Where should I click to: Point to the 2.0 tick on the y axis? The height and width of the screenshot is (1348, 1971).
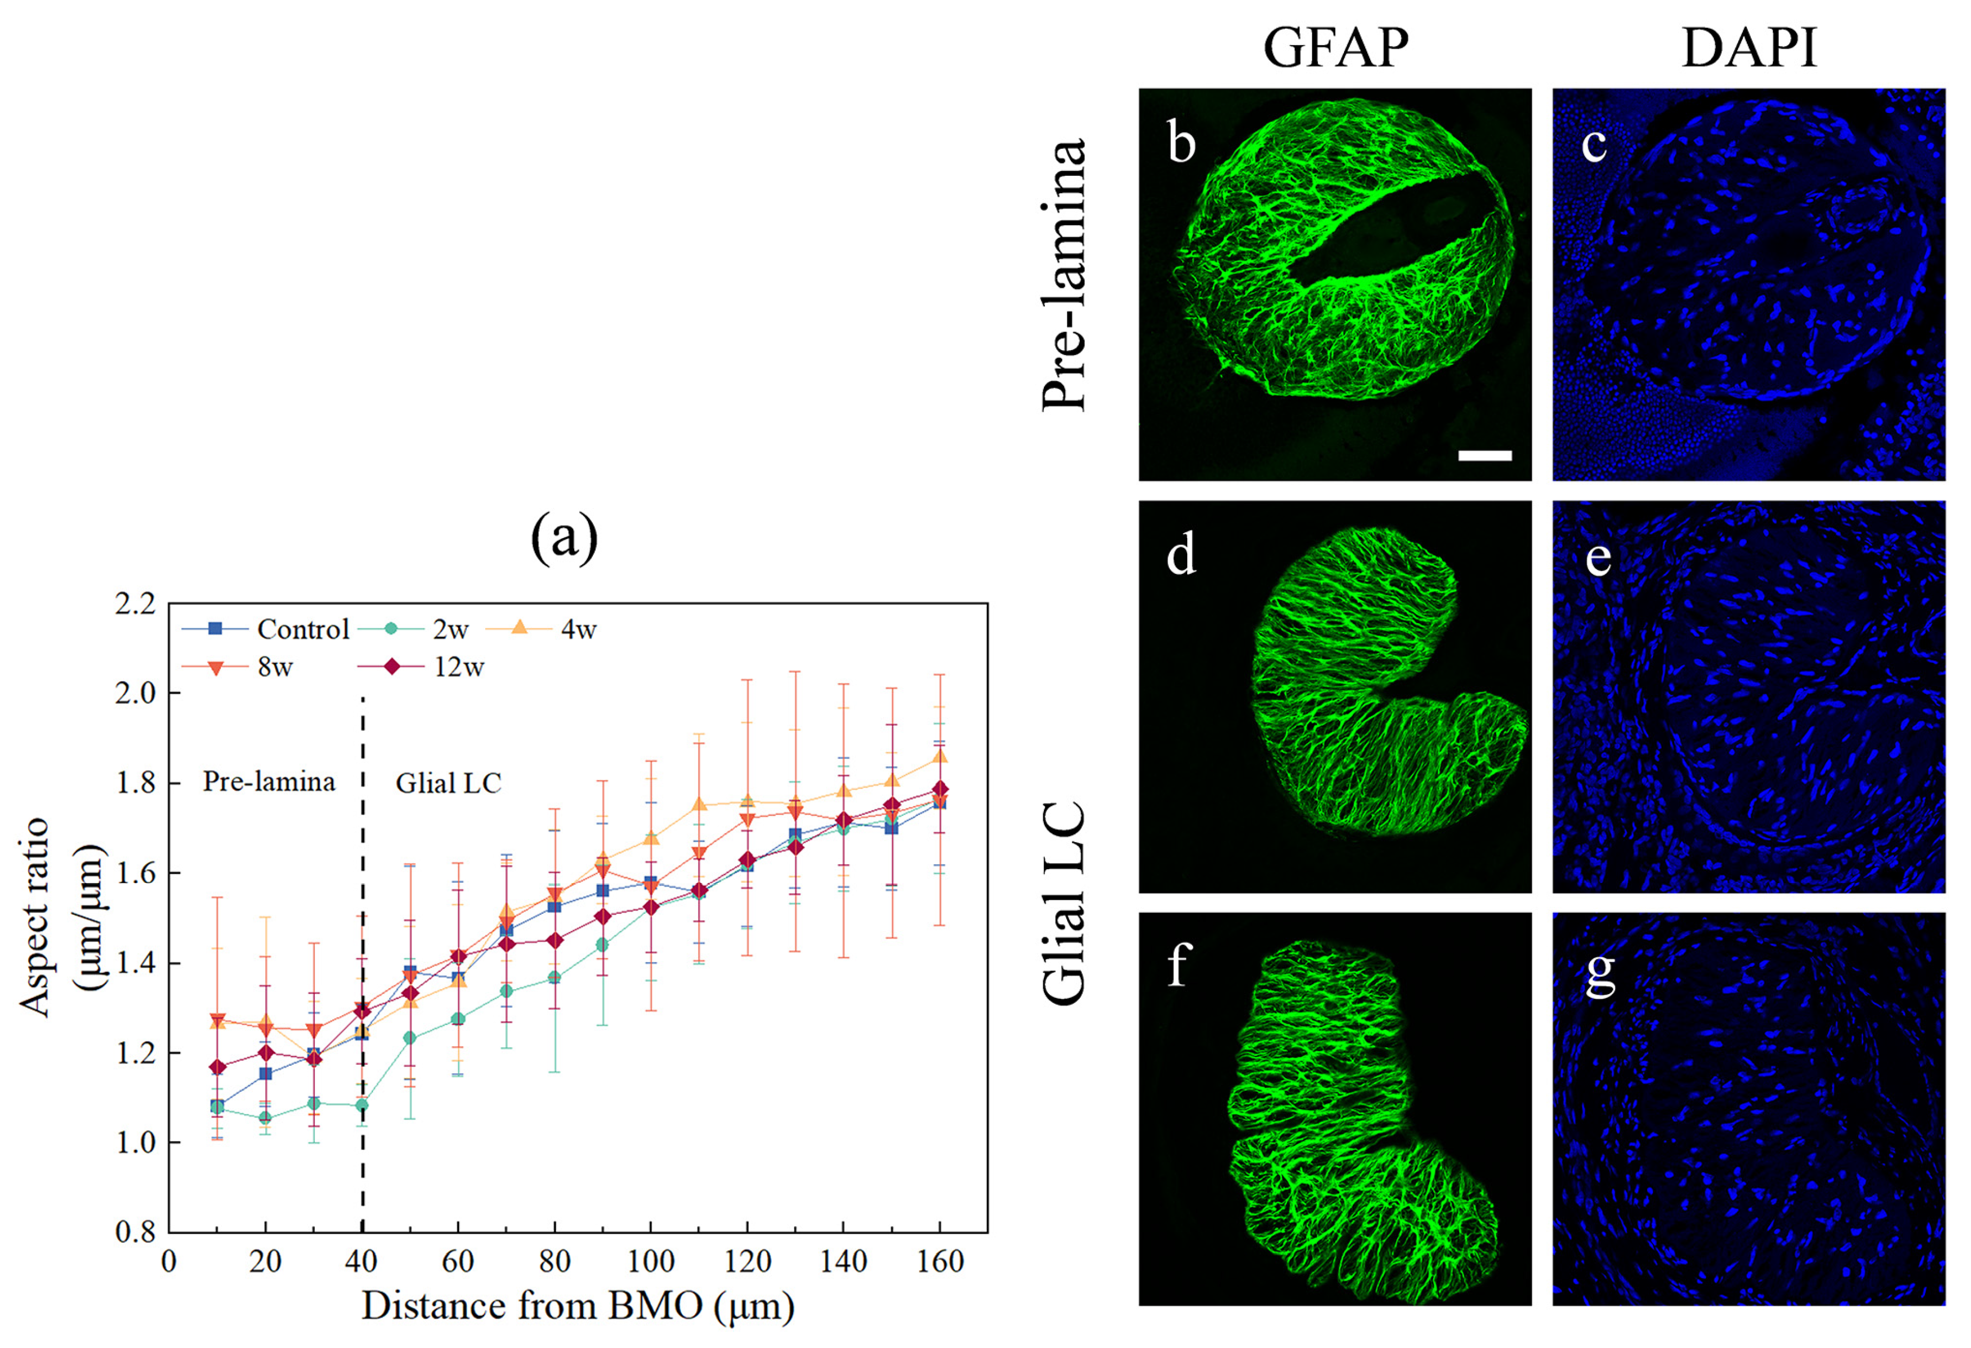pyautogui.click(x=136, y=693)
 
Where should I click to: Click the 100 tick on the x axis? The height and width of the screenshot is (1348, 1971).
pyautogui.click(x=650, y=1262)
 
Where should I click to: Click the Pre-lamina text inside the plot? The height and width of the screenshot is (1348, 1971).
pyautogui.click(x=269, y=781)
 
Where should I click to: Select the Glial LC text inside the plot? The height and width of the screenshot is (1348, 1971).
pyautogui.click(x=449, y=783)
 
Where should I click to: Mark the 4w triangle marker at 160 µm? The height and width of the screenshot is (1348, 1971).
pyautogui.click(x=940, y=756)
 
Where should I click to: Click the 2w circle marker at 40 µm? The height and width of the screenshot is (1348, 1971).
pyautogui.click(x=362, y=1105)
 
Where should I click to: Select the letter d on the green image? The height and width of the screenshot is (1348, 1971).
pyautogui.click(x=1181, y=556)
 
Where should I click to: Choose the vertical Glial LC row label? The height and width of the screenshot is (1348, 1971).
pyautogui.click(x=1063, y=903)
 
